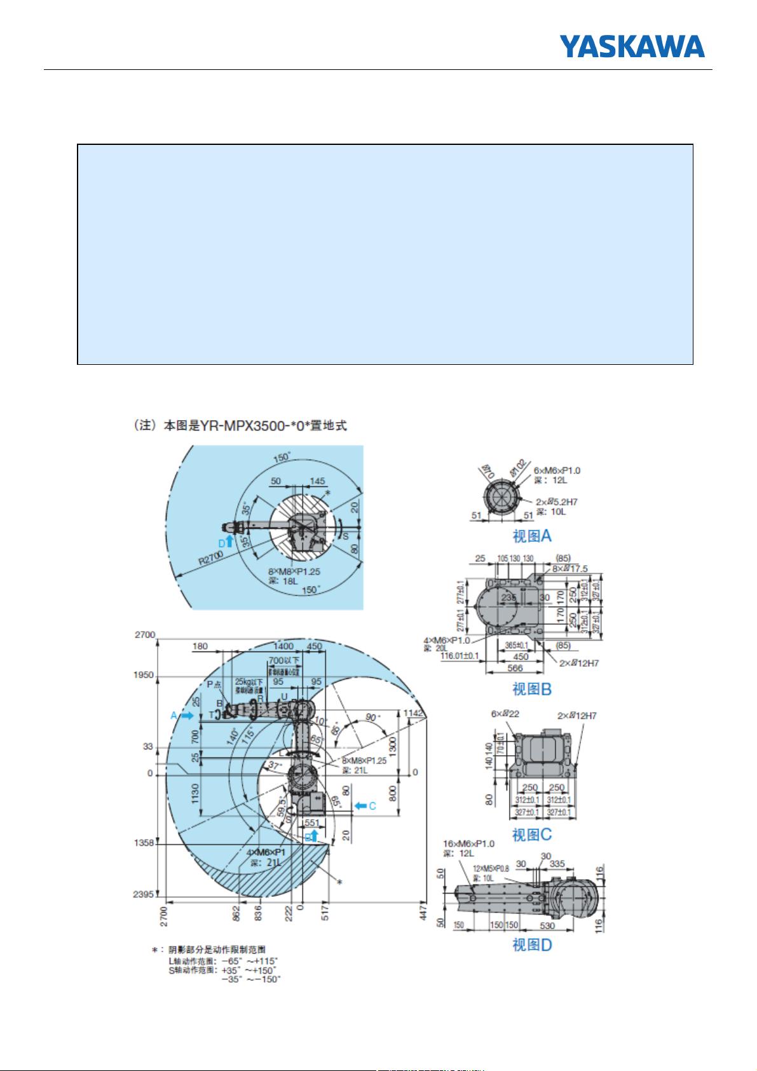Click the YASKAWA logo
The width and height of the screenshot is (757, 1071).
point(632,46)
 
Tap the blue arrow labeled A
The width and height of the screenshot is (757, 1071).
point(186,715)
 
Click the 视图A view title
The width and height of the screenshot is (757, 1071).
point(532,536)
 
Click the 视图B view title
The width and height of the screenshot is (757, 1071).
point(532,689)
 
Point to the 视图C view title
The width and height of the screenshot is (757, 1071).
point(532,835)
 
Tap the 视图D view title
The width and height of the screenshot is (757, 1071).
point(532,945)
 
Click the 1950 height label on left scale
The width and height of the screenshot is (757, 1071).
point(143,675)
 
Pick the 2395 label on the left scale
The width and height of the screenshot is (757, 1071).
point(143,894)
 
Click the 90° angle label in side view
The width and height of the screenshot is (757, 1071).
point(372,716)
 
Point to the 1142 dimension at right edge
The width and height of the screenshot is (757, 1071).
point(414,713)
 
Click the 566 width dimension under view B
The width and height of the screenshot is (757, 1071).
point(515,668)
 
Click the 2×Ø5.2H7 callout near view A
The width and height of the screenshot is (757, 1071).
point(556,501)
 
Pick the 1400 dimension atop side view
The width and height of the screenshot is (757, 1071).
point(283,646)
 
